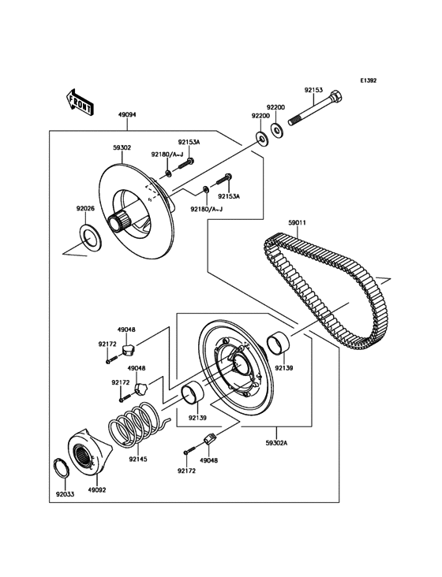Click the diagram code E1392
(x=369, y=80)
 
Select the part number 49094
(x=126, y=114)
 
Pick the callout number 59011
(x=297, y=223)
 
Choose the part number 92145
(x=138, y=457)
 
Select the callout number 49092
(x=97, y=490)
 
